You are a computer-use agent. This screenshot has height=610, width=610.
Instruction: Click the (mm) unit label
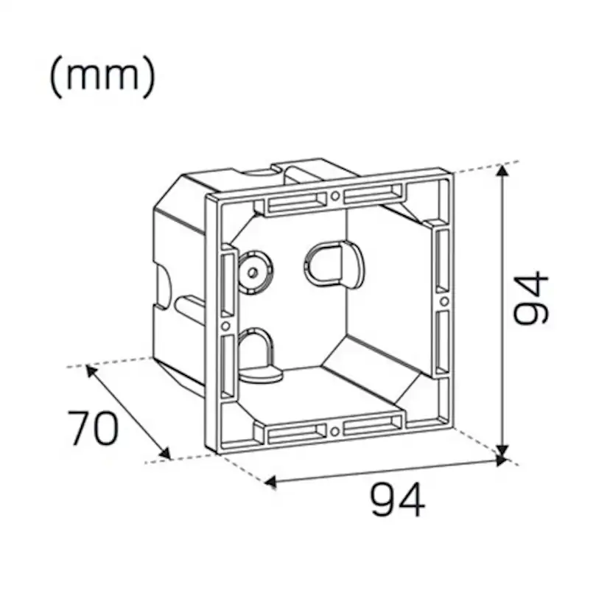click(x=102, y=77)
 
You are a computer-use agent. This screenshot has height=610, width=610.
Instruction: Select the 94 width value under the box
click(x=398, y=500)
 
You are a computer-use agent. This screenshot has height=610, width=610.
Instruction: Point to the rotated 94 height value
click(x=532, y=298)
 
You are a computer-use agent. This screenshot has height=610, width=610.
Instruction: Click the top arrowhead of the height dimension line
click(x=503, y=169)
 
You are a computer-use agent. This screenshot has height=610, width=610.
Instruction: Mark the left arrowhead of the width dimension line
click(x=270, y=483)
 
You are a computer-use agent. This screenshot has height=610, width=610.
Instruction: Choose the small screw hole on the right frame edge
click(x=444, y=301)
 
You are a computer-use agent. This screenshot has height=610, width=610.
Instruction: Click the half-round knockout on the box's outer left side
click(x=157, y=284)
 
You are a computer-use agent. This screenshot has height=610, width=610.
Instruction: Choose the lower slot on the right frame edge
click(x=441, y=343)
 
